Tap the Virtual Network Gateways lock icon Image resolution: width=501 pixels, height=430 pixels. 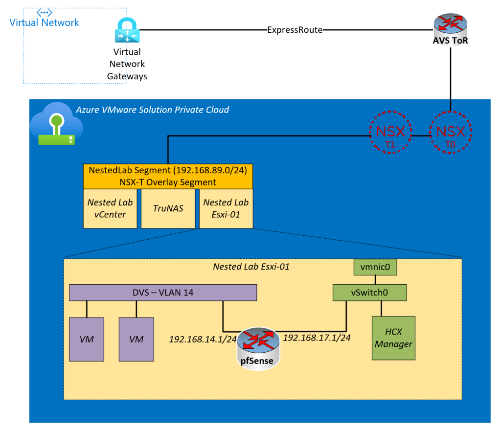tap(127, 31)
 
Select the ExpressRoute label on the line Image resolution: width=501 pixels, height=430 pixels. tap(295, 30)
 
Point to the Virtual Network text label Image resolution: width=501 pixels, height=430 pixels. tap(44, 23)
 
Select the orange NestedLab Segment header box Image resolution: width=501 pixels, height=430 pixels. tap(168, 176)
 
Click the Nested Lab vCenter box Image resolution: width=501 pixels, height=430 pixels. tap(110, 208)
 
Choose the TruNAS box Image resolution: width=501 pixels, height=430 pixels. tap(168, 208)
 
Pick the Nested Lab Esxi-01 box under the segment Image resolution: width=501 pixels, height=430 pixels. tap(226, 208)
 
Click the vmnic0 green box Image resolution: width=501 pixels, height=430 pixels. tap(375, 268)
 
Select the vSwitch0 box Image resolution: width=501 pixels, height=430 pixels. tap(370, 293)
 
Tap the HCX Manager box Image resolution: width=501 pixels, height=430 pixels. tap(393, 338)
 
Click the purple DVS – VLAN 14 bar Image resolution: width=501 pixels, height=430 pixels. tap(163, 293)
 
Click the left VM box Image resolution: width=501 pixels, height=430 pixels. tap(87, 339)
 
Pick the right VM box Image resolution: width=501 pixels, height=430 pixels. tap(137, 339)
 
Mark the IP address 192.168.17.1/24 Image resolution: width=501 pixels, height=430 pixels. tap(317, 338)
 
